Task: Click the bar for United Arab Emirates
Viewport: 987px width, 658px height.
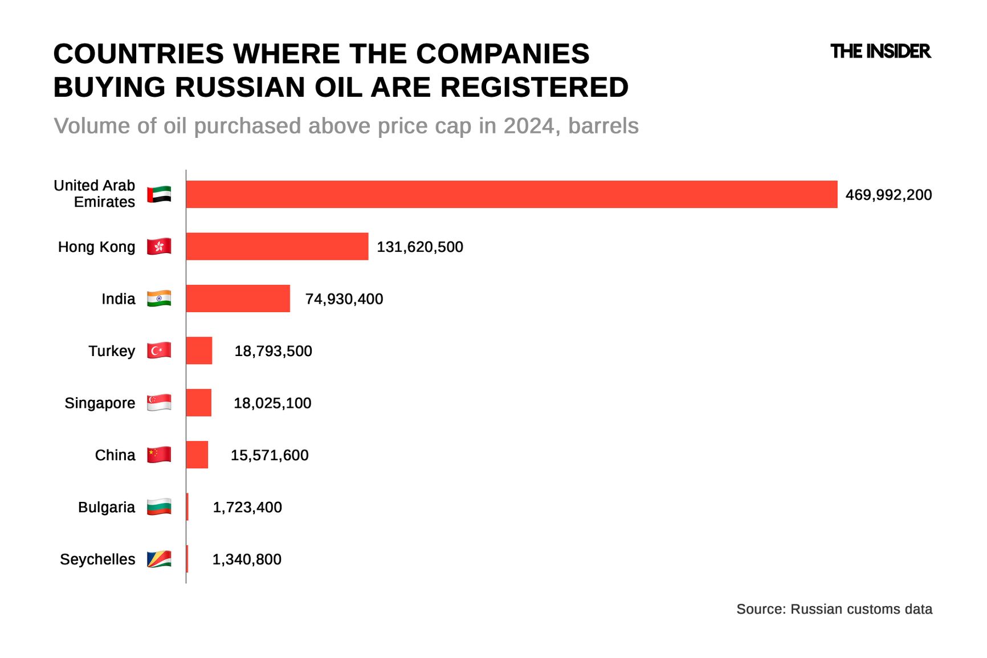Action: tap(511, 194)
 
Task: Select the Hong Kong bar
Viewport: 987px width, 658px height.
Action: tap(277, 246)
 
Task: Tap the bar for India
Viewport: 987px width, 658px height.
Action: tap(238, 299)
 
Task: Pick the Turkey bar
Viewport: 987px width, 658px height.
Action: tap(199, 350)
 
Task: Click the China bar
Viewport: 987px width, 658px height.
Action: tap(197, 455)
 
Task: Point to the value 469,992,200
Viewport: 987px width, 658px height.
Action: tap(888, 195)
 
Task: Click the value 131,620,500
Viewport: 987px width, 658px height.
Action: tap(420, 247)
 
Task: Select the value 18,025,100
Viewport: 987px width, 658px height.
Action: tap(272, 403)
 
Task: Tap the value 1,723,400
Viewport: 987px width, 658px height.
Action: tap(247, 507)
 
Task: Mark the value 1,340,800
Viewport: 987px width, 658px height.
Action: tap(247, 559)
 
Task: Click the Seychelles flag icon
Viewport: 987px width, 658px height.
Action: tap(159, 559)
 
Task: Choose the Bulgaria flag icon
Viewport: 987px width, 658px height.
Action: tap(159, 507)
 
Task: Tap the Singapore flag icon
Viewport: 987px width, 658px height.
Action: tap(159, 403)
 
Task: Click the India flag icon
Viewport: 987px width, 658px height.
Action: tap(159, 299)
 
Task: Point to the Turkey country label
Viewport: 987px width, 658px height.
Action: tap(112, 351)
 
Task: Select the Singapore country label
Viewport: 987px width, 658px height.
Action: tap(100, 403)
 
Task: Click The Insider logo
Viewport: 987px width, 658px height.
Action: tap(880, 51)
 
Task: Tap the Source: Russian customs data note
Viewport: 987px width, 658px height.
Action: tap(834, 609)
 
